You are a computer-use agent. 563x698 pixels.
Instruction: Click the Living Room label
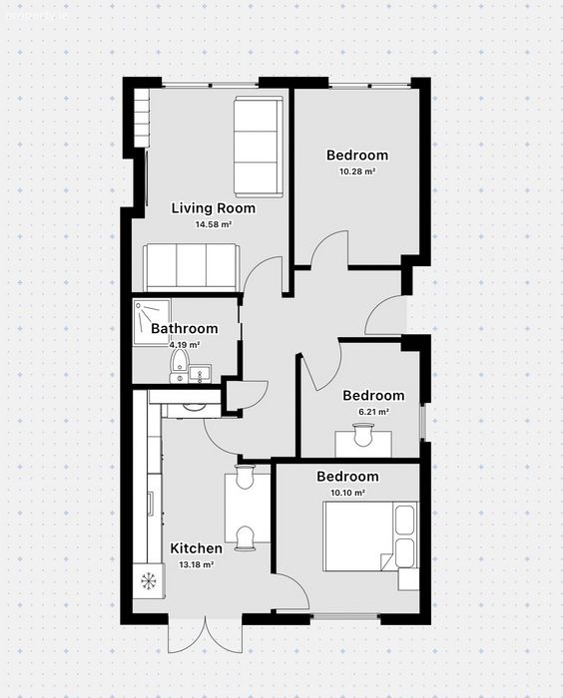coord(214,208)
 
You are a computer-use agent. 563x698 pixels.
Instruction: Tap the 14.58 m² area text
coord(213,224)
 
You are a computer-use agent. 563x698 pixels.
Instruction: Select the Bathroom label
coord(185,328)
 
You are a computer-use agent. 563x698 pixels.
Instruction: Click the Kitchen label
coord(196,548)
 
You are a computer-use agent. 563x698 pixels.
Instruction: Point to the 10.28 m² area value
coord(357,172)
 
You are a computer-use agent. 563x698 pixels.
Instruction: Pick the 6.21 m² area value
coord(374,412)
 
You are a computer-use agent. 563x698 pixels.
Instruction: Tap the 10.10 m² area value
coord(347,493)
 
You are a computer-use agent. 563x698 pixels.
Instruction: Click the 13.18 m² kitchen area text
coord(196,565)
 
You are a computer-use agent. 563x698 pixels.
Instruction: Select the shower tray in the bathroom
coord(152,321)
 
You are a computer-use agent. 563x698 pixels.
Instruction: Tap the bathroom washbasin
coord(201,373)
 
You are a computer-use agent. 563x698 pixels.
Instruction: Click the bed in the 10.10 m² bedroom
coord(371,536)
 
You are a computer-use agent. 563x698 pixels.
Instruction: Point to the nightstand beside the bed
coord(408,579)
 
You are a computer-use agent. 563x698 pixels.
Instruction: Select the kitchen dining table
coord(248,508)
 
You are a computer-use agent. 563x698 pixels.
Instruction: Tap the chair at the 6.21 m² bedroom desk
coord(362,435)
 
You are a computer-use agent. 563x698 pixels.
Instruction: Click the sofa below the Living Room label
coord(192,266)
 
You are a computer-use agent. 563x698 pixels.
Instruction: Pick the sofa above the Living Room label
coord(259,147)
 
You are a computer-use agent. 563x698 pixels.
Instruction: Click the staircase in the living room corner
coord(142,117)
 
